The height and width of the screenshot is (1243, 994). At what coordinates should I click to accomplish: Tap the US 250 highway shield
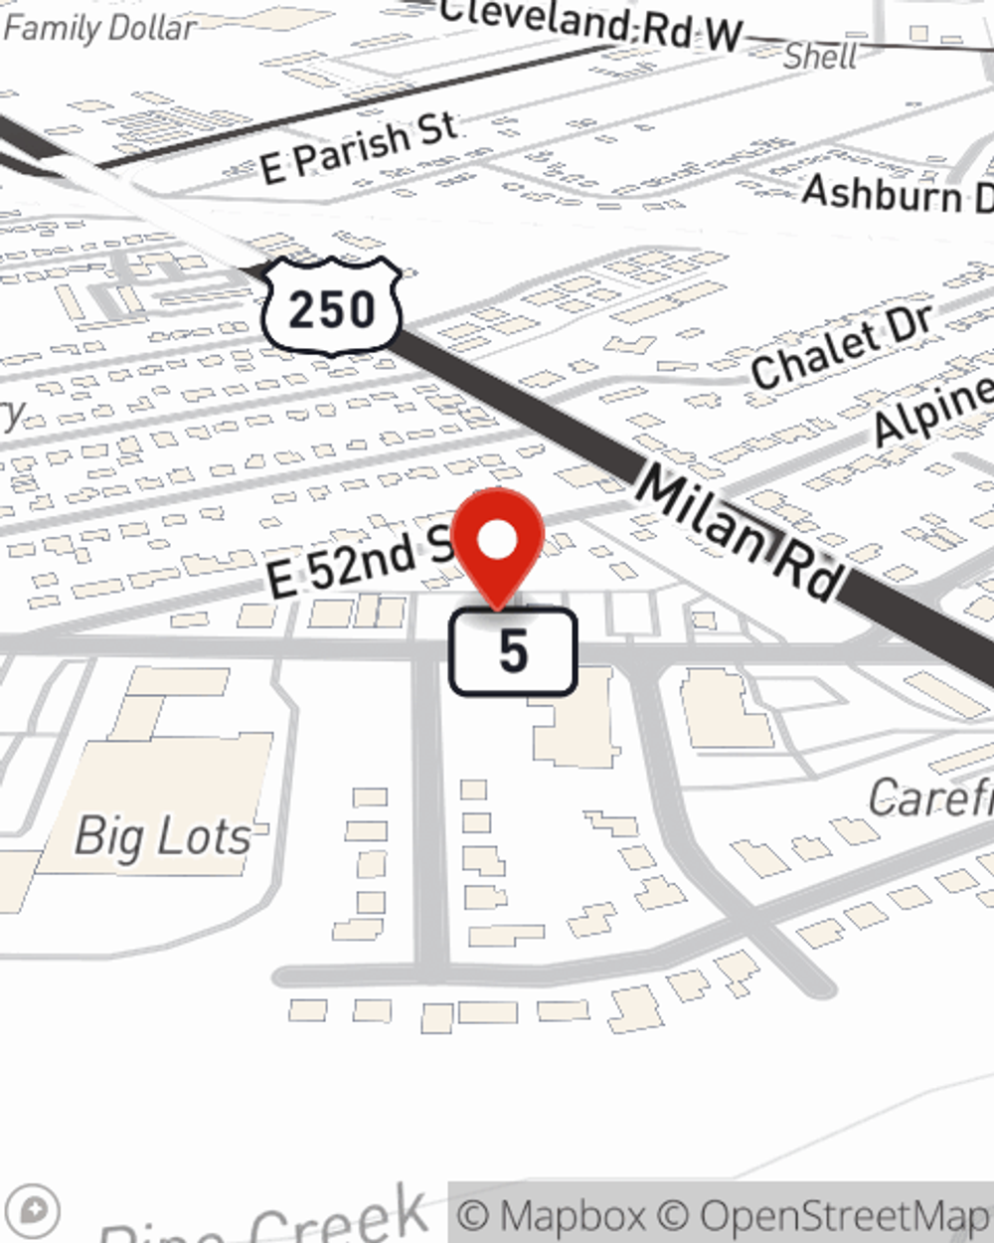pos(332,307)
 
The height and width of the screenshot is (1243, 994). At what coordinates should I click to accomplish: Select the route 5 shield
pos(513,651)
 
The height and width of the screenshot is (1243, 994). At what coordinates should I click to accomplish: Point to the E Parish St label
pos(359,147)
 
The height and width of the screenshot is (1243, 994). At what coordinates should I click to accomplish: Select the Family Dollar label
pos(99,28)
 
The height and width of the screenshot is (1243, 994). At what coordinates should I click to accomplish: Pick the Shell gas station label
pos(819,56)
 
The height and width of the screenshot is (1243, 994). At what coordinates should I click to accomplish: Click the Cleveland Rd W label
pos(590,24)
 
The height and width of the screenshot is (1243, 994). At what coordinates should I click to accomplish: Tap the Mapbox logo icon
pos(38,1210)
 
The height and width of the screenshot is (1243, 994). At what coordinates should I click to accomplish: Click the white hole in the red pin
pos(498,541)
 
